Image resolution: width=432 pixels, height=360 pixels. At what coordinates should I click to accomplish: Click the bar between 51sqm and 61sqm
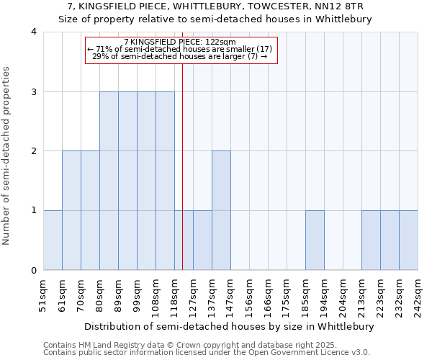[x=53, y=240]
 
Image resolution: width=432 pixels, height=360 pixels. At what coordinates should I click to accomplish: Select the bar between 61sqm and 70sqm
[x=71, y=210]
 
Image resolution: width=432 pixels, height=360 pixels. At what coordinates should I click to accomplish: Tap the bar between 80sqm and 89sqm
[x=109, y=181]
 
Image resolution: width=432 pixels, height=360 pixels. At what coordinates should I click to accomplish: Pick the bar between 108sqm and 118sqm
[x=165, y=181]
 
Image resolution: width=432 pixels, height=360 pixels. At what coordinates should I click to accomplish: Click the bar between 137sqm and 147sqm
[x=221, y=210]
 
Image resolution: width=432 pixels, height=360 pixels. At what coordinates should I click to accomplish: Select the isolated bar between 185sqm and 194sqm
[x=315, y=240]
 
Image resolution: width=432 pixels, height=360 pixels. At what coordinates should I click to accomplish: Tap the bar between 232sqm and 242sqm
[x=408, y=240]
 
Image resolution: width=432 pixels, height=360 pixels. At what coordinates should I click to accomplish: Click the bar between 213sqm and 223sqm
[x=371, y=240]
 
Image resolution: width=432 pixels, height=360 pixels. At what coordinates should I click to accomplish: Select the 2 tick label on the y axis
[x=33, y=151]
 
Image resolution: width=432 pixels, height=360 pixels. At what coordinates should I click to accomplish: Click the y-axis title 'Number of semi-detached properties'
[x=7, y=156]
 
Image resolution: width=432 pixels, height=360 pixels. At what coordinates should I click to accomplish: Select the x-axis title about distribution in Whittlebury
[x=230, y=326]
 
